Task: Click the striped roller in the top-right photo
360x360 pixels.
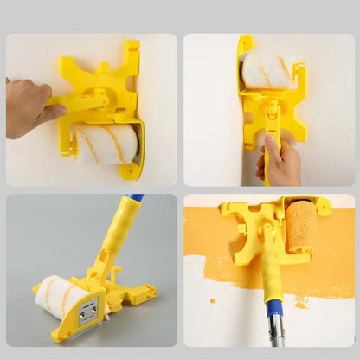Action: (267, 70)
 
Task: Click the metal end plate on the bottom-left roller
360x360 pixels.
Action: (87, 312)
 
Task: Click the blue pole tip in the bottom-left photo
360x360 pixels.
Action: (137, 198)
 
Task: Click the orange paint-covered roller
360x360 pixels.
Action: (301, 227)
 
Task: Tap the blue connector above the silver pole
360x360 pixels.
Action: (273, 308)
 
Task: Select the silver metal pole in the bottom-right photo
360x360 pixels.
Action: (274, 333)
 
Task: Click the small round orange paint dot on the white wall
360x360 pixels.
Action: (213, 300)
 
